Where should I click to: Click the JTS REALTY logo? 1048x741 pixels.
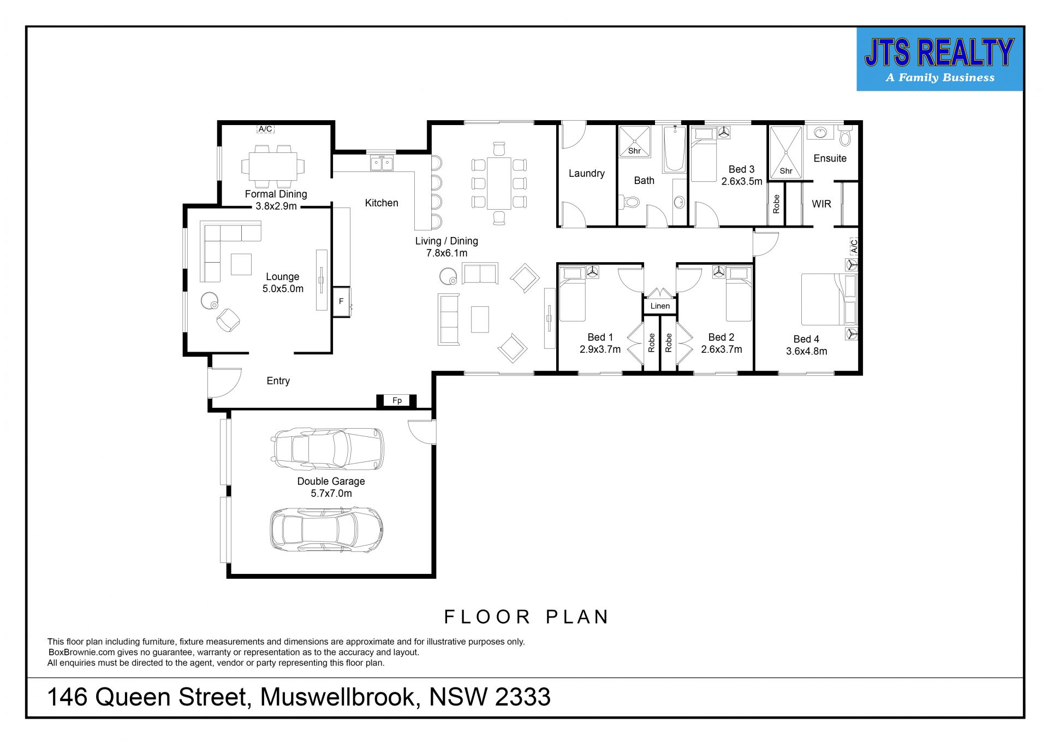pyautogui.click(x=939, y=59)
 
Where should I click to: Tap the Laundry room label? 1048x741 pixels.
pyautogui.click(x=587, y=174)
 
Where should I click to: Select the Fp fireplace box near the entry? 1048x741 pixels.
pyautogui.click(x=397, y=400)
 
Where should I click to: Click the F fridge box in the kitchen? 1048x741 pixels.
pyautogui.click(x=341, y=301)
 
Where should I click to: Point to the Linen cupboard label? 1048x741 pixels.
pyautogui.click(x=660, y=306)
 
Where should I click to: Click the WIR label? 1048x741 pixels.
pyautogui.click(x=821, y=204)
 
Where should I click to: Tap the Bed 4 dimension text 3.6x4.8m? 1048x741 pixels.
pyautogui.click(x=806, y=351)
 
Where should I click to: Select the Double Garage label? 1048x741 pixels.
pyautogui.click(x=331, y=481)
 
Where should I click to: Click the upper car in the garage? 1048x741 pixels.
pyautogui.click(x=327, y=449)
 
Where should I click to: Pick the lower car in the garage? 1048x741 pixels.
pyautogui.click(x=326, y=530)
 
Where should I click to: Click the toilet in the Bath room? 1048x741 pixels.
pyautogui.click(x=631, y=203)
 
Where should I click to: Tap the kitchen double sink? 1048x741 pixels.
pyautogui.click(x=382, y=163)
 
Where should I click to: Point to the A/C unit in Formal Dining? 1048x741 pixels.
pyautogui.click(x=265, y=129)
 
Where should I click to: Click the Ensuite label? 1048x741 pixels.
pyautogui.click(x=830, y=158)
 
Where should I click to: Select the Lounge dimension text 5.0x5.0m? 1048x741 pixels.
pyautogui.click(x=283, y=289)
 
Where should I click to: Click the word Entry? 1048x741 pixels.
pyautogui.click(x=278, y=381)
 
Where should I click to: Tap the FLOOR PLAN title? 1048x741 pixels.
pyautogui.click(x=526, y=617)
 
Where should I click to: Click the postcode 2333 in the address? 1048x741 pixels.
pyautogui.click(x=522, y=697)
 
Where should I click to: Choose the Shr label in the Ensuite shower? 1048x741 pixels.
pyautogui.click(x=786, y=171)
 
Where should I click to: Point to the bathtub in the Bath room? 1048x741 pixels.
pyautogui.click(x=675, y=149)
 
